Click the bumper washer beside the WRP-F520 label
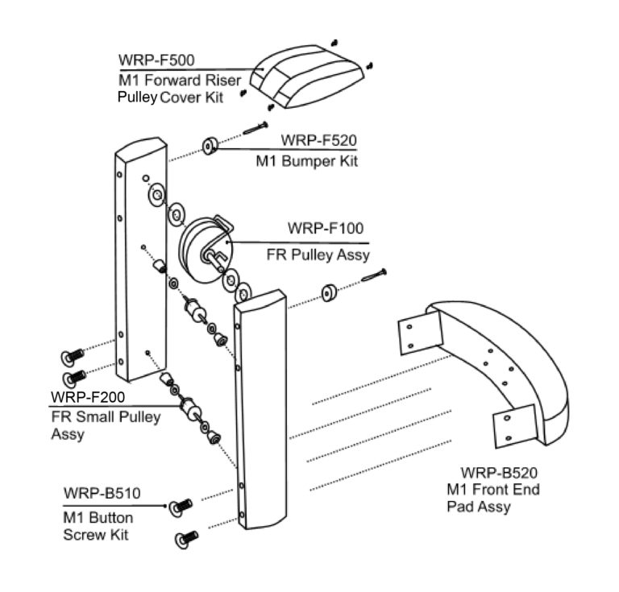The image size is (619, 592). [211, 146]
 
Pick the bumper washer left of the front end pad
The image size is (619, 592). [330, 292]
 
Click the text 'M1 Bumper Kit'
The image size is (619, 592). [306, 161]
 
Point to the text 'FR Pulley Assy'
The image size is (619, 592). [318, 255]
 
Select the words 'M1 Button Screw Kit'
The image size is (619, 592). [98, 525]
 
